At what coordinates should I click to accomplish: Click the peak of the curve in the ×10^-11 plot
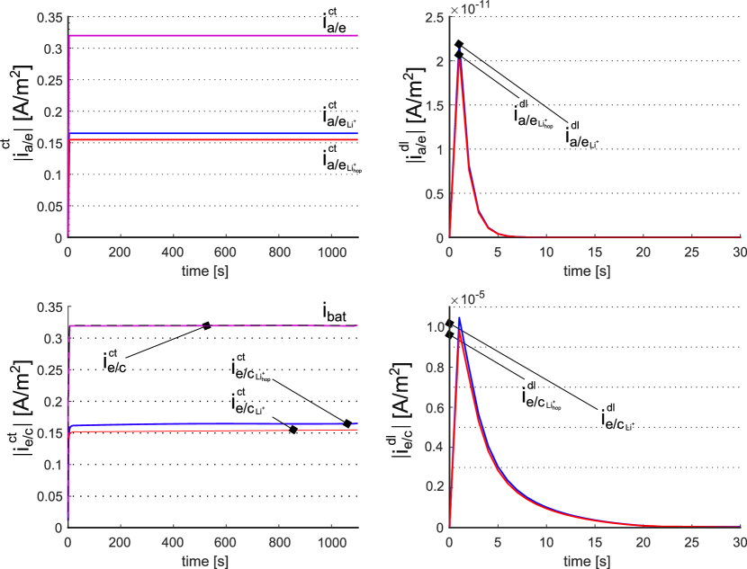tap(459, 59)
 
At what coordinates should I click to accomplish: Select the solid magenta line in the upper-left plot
tap(216, 36)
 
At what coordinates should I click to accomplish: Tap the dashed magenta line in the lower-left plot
tap(216, 325)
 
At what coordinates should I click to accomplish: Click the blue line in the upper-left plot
tap(216, 134)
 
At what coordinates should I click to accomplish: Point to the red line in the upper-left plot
tap(216, 140)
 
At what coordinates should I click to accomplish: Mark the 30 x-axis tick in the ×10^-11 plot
tap(739, 253)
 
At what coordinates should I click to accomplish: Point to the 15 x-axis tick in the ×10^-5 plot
tap(593, 543)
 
